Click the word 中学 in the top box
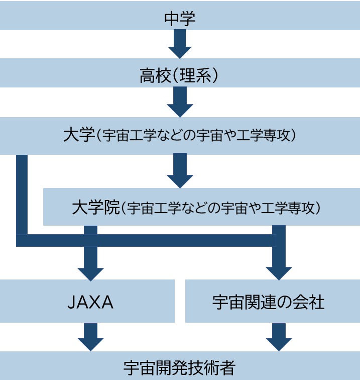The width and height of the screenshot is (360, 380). [179, 19]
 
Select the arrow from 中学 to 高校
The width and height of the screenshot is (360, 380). [179, 44]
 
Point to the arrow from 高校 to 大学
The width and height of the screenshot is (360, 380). [179, 102]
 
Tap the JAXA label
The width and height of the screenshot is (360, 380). [90, 303]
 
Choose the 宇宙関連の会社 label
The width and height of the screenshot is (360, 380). [269, 303]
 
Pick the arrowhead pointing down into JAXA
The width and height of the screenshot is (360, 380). [90, 271]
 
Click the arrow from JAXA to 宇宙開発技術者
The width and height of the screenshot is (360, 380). [90, 337]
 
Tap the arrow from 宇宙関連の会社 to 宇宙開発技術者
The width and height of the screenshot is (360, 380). [279, 337]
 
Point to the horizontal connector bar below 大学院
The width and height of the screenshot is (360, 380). [146, 241]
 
